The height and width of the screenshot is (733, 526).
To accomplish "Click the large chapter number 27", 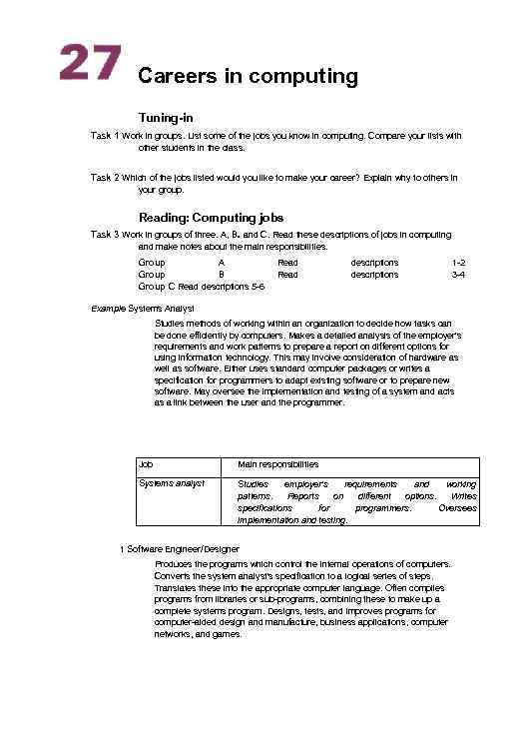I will click(x=90, y=63).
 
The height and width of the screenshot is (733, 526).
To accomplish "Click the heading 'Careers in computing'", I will click(x=248, y=76).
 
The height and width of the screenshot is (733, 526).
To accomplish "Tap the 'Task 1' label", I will click(x=105, y=135).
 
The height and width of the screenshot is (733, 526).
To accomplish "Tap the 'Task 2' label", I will click(x=105, y=177).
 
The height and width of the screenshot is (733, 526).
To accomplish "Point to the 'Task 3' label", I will click(x=105, y=235).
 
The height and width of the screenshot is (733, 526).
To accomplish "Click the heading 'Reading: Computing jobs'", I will click(x=211, y=218).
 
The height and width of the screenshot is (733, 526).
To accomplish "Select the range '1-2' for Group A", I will click(x=458, y=262).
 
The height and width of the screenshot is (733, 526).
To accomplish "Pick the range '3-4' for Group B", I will click(x=458, y=274).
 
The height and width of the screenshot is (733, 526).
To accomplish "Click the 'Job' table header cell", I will click(x=146, y=464).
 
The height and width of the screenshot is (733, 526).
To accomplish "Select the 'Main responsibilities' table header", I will click(x=277, y=464).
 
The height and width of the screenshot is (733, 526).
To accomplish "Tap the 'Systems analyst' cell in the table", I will click(x=172, y=483).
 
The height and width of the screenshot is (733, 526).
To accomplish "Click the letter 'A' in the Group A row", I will click(x=222, y=262).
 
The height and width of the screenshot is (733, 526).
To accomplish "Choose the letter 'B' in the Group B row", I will click(x=222, y=274).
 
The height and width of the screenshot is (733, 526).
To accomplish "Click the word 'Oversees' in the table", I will click(x=457, y=507).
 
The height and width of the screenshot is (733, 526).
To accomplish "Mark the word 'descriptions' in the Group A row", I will click(x=374, y=262).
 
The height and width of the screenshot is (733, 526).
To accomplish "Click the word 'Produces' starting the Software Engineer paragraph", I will click(x=174, y=563).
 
